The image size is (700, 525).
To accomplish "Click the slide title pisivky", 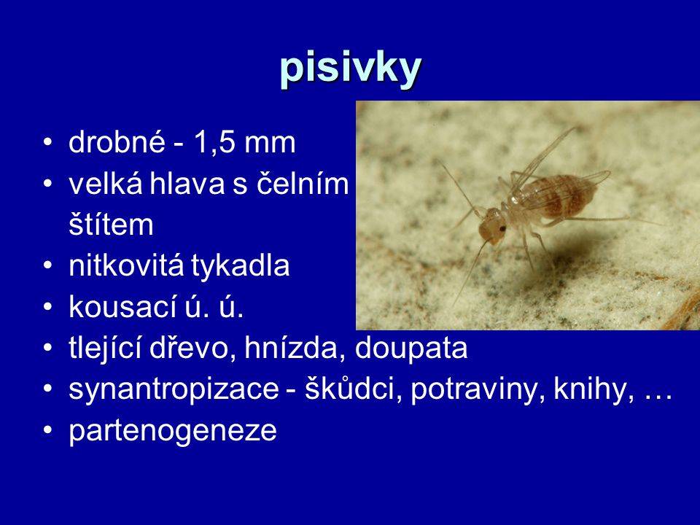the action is pos(351,69).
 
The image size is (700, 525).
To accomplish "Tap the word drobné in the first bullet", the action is pos(117,142).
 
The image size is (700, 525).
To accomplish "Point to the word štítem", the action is pos(111,224).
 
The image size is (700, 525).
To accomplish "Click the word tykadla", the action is pos(241,266).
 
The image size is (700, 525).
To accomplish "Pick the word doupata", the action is pos(411,349).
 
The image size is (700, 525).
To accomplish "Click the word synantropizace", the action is pos(174,389).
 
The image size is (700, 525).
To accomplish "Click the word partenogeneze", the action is pos(173,431).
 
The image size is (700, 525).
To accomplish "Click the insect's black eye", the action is pos(502,228).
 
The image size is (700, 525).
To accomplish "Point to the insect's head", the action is pos(493,226).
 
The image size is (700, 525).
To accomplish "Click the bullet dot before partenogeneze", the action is pos(48,429).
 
